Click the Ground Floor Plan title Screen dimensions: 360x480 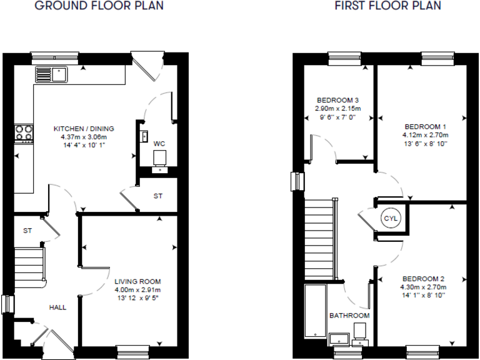pos(99,6)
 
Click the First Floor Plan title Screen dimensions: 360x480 pos(388,6)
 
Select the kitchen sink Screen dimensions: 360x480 pos(51,74)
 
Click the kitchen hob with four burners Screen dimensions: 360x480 pos(24,132)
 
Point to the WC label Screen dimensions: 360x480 pos(159,144)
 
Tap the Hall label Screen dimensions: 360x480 pos(58,307)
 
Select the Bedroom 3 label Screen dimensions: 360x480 pos(337,100)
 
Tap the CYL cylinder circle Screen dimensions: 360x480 pos(391,218)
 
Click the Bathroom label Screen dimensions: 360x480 pos(349,316)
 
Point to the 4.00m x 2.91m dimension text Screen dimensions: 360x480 pos(137,290)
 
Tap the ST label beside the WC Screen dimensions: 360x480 pos(158,196)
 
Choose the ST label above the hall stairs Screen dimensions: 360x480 pos(27,231)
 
